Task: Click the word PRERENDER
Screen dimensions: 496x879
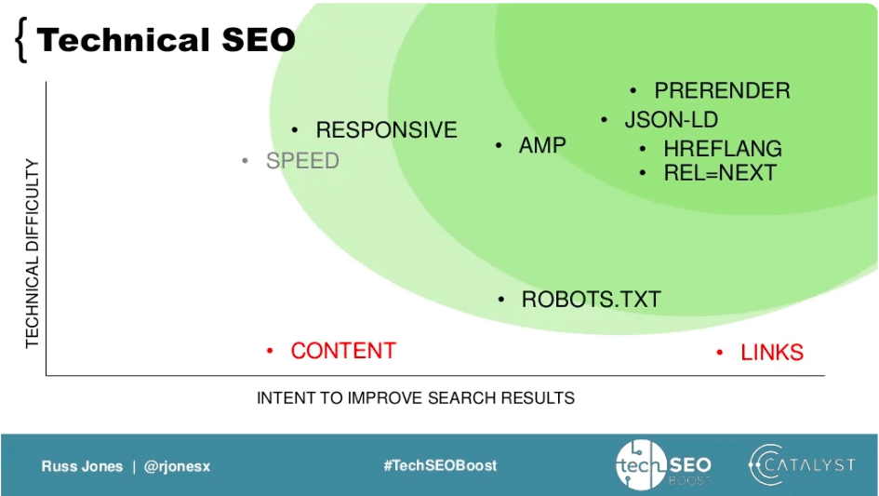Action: click(722, 91)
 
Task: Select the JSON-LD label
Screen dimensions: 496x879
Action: click(671, 120)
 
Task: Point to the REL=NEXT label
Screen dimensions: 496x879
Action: click(719, 173)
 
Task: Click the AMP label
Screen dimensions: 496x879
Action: click(542, 146)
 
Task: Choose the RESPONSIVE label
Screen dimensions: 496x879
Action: click(386, 130)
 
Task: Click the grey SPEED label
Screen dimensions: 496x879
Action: click(302, 161)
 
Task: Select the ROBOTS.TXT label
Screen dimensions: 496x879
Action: click(591, 300)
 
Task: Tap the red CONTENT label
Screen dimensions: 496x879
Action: click(343, 351)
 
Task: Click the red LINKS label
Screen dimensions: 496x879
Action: click(771, 353)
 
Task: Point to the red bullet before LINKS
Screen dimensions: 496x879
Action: click(720, 353)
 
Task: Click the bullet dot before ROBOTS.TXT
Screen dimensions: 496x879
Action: click(501, 300)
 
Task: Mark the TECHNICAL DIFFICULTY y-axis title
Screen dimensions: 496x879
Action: click(33, 253)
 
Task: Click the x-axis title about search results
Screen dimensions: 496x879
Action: click(415, 398)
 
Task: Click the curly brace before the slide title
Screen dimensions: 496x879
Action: click(20, 42)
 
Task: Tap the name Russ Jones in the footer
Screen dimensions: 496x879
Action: click(82, 466)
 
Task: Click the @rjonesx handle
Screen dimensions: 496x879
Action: click(177, 466)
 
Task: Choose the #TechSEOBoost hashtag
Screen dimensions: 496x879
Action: click(439, 465)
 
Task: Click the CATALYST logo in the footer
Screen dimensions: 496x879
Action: click(801, 465)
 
